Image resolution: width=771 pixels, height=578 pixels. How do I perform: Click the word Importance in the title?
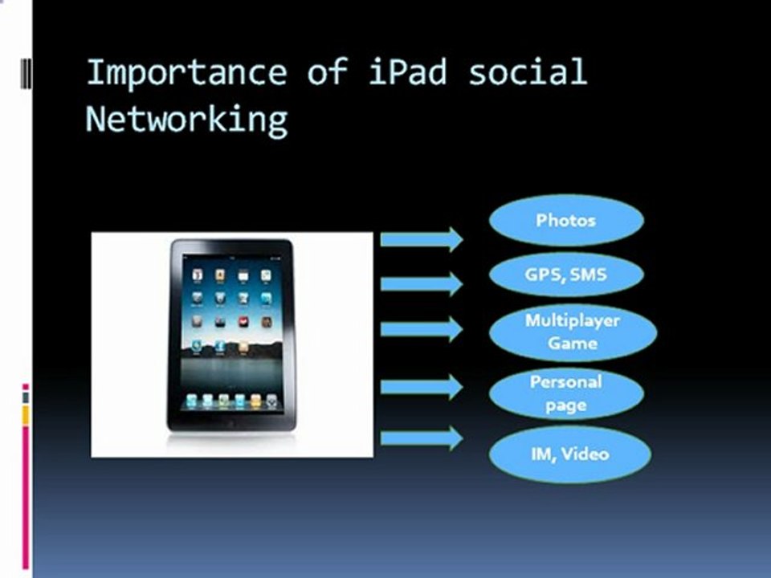[186, 72]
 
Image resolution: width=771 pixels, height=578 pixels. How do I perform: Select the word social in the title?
[528, 72]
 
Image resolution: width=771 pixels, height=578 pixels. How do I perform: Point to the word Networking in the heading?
[186, 119]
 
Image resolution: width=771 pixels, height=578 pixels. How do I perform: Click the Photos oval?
[566, 219]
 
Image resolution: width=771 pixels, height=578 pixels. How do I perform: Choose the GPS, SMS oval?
[566, 275]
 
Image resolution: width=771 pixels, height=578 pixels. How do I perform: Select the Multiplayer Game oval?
[573, 332]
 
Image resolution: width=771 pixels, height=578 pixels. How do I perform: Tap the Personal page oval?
[566, 393]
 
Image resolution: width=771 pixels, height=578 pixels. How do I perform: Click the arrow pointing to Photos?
[422, 238]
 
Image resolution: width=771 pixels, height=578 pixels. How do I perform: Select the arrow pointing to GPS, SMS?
[422, 283]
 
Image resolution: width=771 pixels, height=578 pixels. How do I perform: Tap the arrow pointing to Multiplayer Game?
[422, 328]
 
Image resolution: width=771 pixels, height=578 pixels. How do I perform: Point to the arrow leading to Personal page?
[422, 387]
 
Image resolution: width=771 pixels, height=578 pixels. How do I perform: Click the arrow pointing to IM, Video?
[422, 438]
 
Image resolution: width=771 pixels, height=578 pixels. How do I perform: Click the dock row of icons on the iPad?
[230, 399]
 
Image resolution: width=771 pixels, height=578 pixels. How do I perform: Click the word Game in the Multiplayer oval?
[573, 343]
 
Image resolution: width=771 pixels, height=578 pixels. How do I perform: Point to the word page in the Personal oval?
[566, 405]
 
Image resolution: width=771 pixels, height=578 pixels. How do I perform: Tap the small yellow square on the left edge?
[26, 415]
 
